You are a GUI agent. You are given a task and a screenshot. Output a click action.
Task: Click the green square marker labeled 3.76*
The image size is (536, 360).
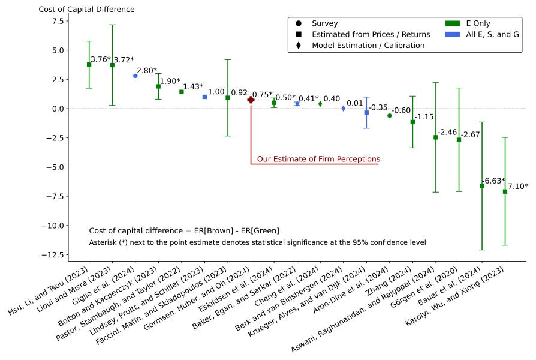tap(89, 65)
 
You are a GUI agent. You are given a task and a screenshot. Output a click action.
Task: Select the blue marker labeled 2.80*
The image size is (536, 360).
tap(135, 76)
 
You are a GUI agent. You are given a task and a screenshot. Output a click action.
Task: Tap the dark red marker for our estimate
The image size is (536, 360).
tap(251, 100)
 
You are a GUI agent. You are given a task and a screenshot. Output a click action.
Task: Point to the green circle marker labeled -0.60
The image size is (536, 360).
tap(389, 116)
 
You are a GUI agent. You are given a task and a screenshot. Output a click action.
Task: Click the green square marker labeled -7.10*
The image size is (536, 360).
tap(505, 191)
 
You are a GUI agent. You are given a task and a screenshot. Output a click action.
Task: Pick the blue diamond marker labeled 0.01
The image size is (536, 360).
tap(344, 109)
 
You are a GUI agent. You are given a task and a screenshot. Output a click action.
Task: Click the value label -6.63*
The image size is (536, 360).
tap(493, 181)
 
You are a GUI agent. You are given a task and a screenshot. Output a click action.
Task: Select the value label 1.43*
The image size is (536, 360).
tap(193, 86)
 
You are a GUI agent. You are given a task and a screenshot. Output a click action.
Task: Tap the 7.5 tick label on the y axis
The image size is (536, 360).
tap(58, 21)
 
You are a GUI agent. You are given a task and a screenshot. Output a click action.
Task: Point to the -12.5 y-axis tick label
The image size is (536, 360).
tap(53, 255)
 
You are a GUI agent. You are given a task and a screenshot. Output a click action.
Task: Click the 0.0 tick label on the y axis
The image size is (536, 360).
tap(58, 109)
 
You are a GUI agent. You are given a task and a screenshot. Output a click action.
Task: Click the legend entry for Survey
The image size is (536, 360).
tap(317, 23)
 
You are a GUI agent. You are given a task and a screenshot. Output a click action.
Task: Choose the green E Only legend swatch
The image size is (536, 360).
tap(453, 23)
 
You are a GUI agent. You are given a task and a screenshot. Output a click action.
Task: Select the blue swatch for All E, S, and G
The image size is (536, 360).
tap(453, 34)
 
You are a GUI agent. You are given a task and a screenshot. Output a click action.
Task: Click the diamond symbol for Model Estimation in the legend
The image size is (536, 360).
tap(299, 45)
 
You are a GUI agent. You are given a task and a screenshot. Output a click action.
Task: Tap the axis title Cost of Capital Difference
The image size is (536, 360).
tap(86, 9)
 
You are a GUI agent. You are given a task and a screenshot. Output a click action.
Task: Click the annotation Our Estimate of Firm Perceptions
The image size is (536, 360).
tap(318, 159)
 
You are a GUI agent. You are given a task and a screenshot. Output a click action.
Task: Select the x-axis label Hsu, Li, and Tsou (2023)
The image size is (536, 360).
tap(48, 290)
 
